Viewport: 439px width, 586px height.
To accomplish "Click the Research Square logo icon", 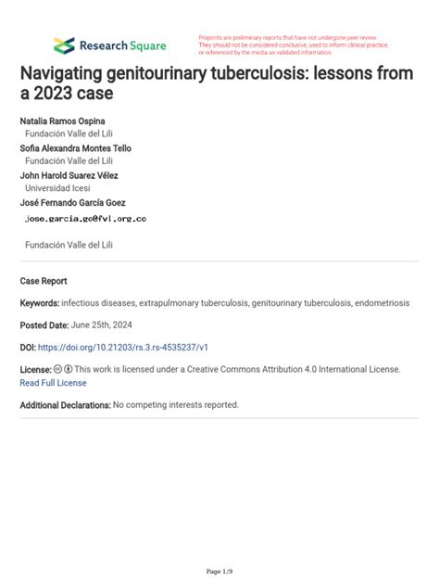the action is [64, 45].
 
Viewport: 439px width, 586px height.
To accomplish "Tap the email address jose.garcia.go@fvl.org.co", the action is [84, 219].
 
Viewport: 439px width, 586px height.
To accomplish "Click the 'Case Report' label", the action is [44, 281].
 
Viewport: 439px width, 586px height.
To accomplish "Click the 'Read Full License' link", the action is [53, 382].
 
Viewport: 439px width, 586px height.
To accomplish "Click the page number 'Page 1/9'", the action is [219, 570].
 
